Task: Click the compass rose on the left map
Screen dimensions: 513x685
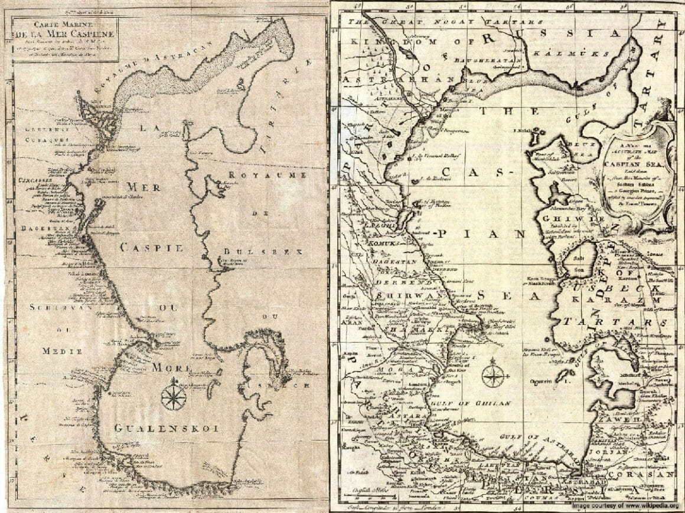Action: point(173,394)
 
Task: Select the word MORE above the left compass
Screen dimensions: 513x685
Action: point(172,368)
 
